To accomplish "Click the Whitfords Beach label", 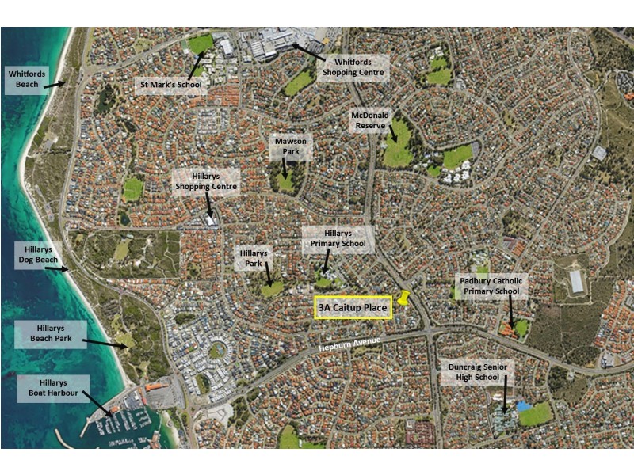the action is click(24, 78).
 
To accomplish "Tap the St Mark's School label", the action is click(170, 84).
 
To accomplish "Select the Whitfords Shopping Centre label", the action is click(353, 66).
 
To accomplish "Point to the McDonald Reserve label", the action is click(371, 120).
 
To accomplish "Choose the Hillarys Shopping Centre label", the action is click(206, 181).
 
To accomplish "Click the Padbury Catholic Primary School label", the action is click(491, 286).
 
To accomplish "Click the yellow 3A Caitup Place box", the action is click(354, 307).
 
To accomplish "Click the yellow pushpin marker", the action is click(404, 299).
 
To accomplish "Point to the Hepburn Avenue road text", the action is click(349, 344).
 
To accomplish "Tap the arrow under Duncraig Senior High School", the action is click(504, 399).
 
